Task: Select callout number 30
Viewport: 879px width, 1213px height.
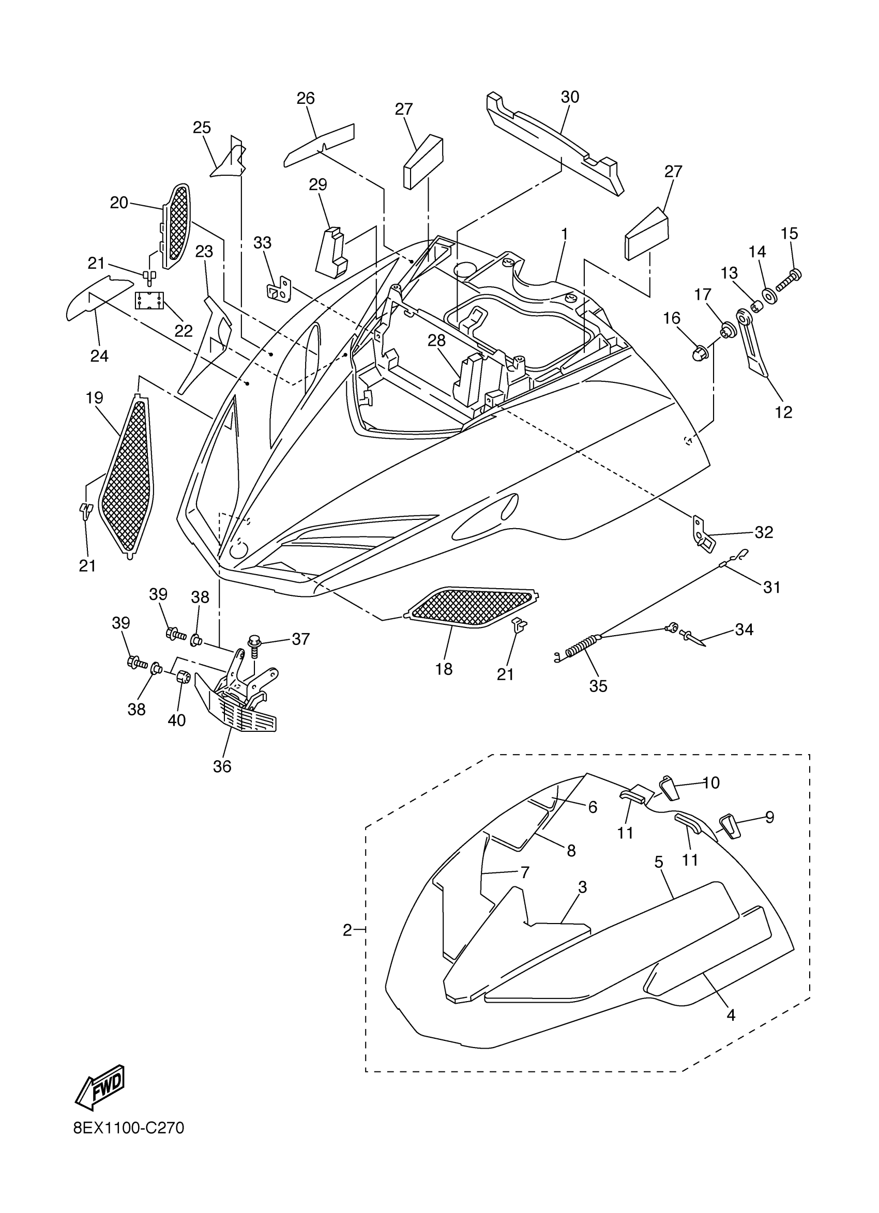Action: click(570, 97)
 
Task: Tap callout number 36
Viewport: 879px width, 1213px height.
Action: click(222, 766)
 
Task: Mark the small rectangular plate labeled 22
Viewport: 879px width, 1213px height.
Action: click(149, 301)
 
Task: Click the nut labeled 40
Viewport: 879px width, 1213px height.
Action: click(183, 678)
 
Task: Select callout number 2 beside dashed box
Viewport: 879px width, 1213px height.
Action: click(347, 931)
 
